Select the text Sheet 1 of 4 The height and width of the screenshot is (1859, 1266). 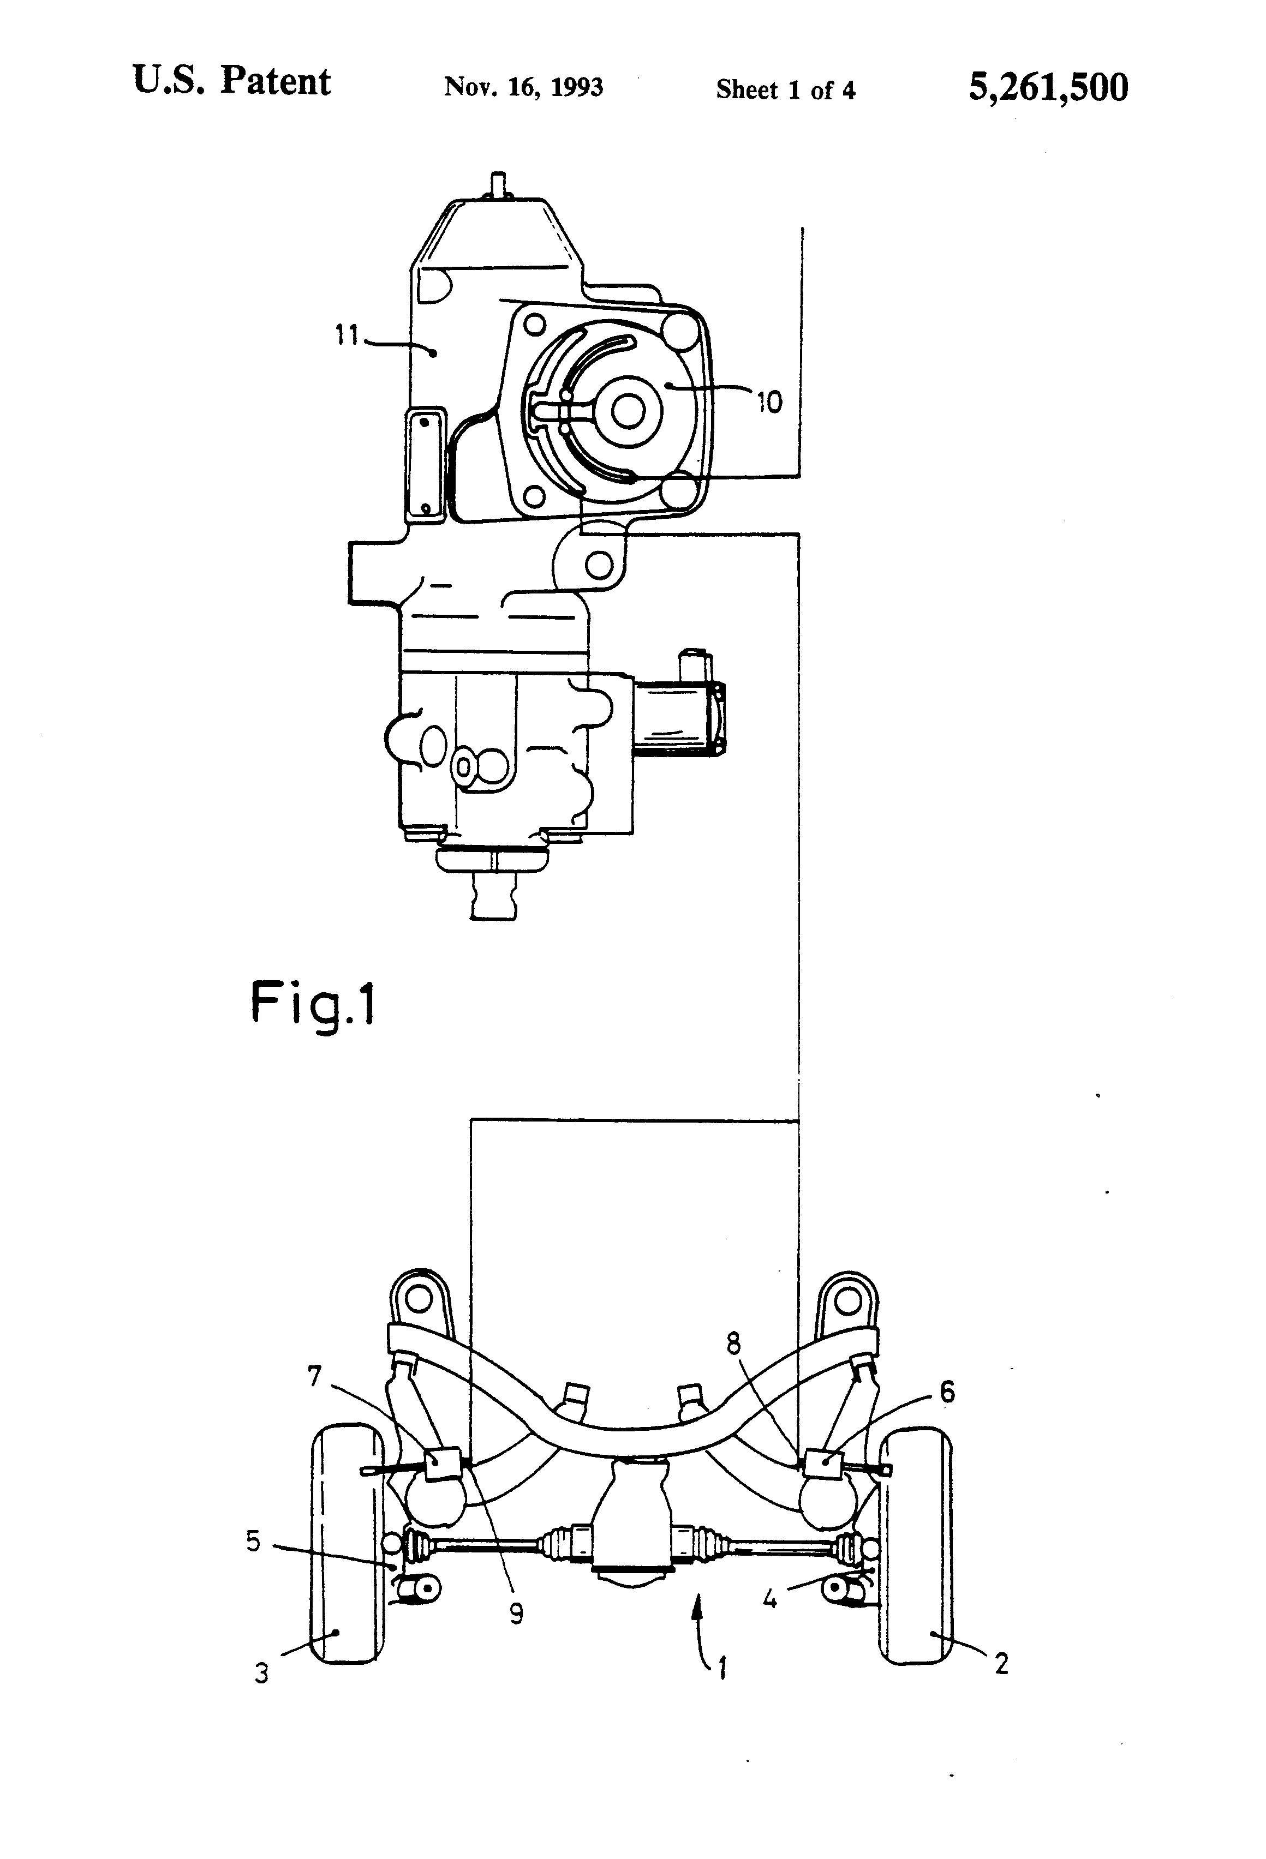click(x=786, y=89)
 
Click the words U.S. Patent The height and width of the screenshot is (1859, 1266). click(x=231, y=82)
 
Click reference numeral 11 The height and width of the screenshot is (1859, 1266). click(x=347, y=335)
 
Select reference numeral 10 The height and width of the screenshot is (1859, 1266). click(x=769, y=401)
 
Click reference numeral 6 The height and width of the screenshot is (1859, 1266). click(x=947, y=1393)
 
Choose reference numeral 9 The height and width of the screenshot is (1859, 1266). click(x=517, y=1614)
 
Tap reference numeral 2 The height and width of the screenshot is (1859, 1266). click(x=1001, y=1665)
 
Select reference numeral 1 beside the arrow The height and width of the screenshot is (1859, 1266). click(x=722, y=1669)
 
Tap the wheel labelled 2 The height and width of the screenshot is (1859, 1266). click(x=916, y=1545)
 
